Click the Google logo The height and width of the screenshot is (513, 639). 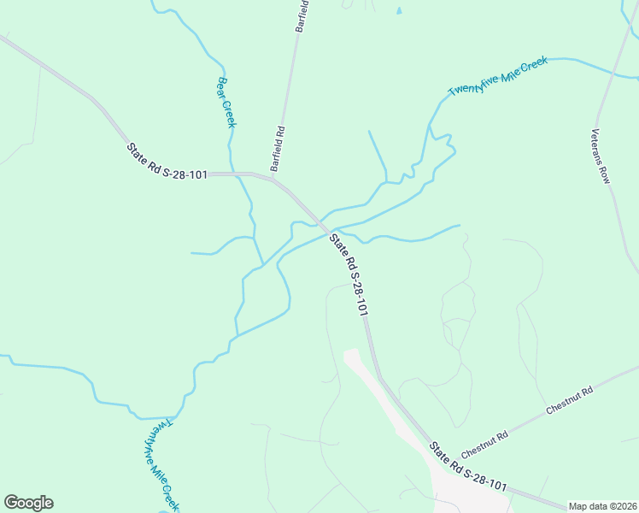(x=28, y=503)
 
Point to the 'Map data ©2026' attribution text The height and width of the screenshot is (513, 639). (x=602, y=506)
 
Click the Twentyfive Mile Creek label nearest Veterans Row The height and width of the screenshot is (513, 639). (x=497, y=82)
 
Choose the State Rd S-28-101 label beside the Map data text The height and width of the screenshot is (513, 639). (x=468, y=467)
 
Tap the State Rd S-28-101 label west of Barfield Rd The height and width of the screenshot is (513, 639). (x=167, y=162)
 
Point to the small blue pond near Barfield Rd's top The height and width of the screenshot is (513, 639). (x=398, y=11)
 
